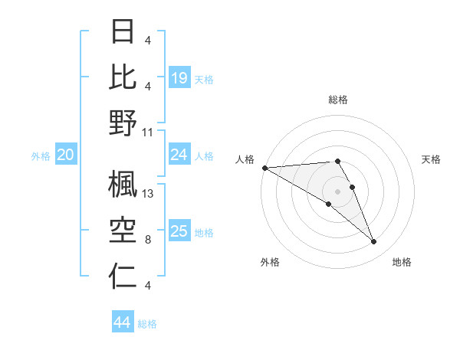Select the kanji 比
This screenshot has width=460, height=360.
click(123, 77)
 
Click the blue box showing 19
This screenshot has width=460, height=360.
click(179, 78)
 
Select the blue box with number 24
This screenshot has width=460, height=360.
click(179, 155)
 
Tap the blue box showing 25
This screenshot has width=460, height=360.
click(179, 231)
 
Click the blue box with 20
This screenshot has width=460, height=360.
click(65, 155)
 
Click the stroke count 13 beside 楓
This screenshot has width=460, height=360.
click(149, 194)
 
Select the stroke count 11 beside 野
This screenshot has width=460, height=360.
click(148, 132)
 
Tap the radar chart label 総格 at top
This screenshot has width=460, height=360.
click(337, 100)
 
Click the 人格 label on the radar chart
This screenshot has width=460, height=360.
click(245, 159)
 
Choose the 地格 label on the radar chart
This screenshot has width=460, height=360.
click(402, 262)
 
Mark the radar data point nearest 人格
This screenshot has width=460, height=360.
click(264, 168)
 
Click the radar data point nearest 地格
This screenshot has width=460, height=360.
click(374, 242)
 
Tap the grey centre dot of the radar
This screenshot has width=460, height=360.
click(337, 191)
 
